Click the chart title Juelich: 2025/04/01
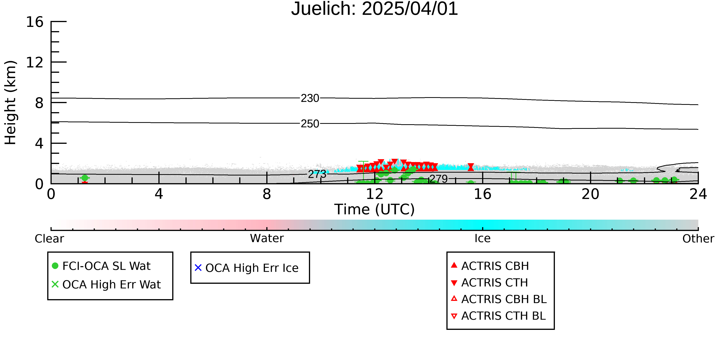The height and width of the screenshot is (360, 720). (375, 9)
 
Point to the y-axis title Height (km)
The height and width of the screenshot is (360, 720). (11, 103)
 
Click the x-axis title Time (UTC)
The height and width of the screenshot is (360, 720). (375, 209)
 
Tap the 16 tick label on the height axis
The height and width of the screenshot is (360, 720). (35, 22)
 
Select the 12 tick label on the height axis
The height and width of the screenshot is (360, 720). (35, 62)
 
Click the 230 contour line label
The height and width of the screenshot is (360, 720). (310, 98)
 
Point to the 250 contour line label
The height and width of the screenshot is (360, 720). (310, 123)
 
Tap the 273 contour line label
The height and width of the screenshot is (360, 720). (317, 174)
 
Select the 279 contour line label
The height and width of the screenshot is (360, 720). (439, 179)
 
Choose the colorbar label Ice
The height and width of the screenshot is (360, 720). (483, 238)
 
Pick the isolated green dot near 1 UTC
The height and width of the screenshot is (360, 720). (85, 178)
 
